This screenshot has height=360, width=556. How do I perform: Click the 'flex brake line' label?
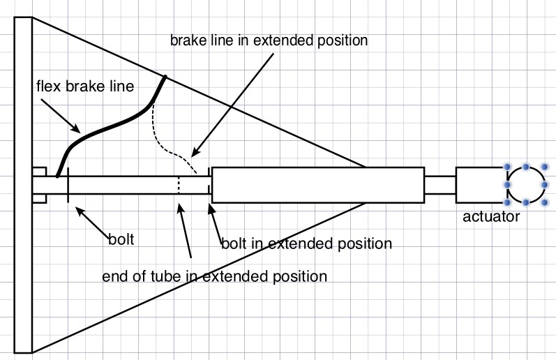84,88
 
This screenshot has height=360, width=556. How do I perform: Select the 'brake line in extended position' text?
269,40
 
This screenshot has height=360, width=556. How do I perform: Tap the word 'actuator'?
491,217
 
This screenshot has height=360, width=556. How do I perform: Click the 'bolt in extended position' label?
306,244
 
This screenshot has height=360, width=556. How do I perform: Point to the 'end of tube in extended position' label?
214,276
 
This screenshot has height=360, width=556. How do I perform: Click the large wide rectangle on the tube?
317,185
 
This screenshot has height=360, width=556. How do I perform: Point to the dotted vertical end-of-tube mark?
179,186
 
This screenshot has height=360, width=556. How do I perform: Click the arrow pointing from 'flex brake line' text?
59,116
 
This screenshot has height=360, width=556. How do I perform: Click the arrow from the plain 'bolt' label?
91,219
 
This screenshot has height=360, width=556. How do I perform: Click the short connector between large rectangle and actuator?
439,185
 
